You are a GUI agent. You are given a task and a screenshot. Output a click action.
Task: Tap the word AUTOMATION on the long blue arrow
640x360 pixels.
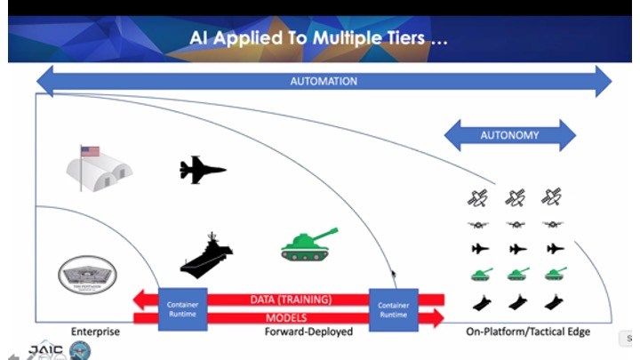coord(324,82)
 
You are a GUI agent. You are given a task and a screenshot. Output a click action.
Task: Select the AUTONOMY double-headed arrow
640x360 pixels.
coord(509,136)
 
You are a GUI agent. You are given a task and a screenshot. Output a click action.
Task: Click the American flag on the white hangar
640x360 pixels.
coord(90,151)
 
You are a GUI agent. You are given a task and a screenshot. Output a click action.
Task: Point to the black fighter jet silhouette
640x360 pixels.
coord(203,169)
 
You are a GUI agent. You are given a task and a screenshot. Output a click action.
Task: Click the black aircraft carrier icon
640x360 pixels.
coord(207,255)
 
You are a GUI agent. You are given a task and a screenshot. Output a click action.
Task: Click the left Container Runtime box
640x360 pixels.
coord(182,308)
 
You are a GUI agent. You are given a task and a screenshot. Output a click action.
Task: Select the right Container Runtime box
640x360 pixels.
coord(393,308)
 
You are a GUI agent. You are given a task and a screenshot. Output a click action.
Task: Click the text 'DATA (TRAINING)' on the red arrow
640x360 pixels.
coord(291,300)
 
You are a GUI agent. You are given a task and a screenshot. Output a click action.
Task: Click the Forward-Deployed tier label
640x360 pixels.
coord(308,332)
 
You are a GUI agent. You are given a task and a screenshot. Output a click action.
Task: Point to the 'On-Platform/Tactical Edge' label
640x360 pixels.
coord(528,332)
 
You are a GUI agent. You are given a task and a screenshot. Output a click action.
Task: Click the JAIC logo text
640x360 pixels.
coord(45,349)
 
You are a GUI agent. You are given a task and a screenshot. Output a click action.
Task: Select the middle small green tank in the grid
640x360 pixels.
coord(516,274)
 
